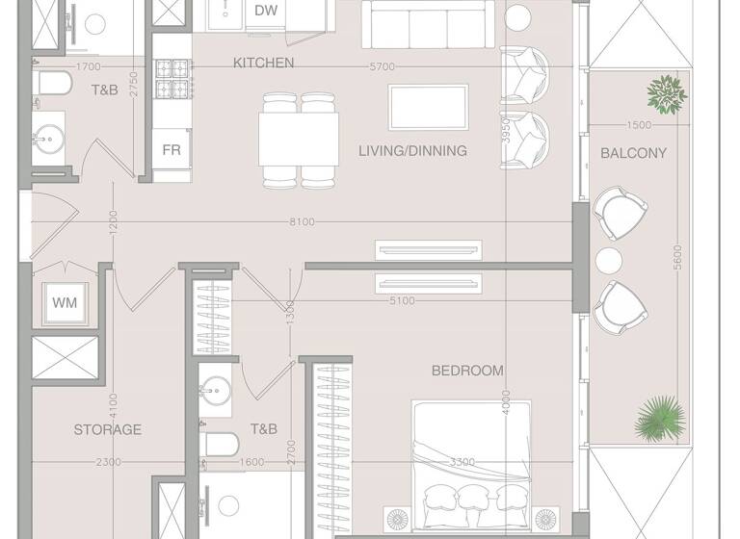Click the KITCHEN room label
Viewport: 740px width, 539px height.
[263, 63]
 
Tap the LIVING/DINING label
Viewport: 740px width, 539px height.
[412, 151]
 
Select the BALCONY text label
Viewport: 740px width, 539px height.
[633, 153]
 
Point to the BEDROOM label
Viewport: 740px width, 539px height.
[467, 371]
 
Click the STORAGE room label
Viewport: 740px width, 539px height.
[108, 429]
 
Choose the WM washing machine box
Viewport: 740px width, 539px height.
[65, 303]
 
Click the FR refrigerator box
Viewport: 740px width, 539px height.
[172, 151]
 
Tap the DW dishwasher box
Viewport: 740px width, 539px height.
[267, 11]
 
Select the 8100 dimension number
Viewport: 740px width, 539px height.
[302, 222]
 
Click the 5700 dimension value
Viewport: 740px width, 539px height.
[383, 66]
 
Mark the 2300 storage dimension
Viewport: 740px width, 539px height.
[109, 463]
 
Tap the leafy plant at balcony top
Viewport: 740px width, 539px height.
[666, 93]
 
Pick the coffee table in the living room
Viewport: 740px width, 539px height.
[428, 106]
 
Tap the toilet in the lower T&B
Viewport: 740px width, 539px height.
[222, 445]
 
